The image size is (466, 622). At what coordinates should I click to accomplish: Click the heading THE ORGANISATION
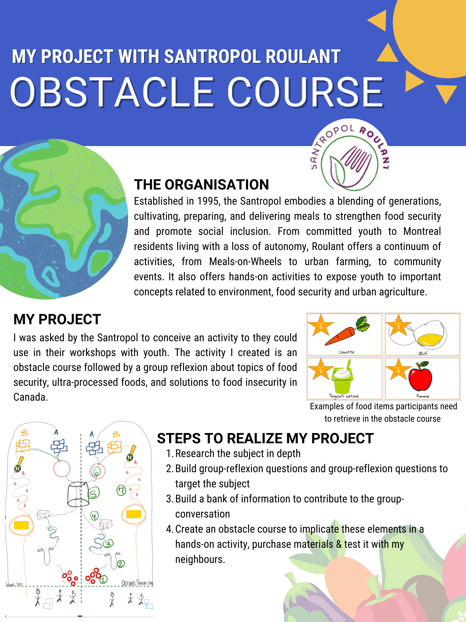point(201,185)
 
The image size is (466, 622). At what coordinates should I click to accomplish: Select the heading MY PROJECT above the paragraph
point(57,319)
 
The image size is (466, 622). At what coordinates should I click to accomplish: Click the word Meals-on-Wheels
point(245,262)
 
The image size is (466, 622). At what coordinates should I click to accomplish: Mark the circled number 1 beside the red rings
point(103,579)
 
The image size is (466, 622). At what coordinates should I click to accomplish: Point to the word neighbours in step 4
point(200,559)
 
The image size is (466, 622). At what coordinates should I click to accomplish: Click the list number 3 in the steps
point(169,499)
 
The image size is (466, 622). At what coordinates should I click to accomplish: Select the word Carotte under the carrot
point(346,352)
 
